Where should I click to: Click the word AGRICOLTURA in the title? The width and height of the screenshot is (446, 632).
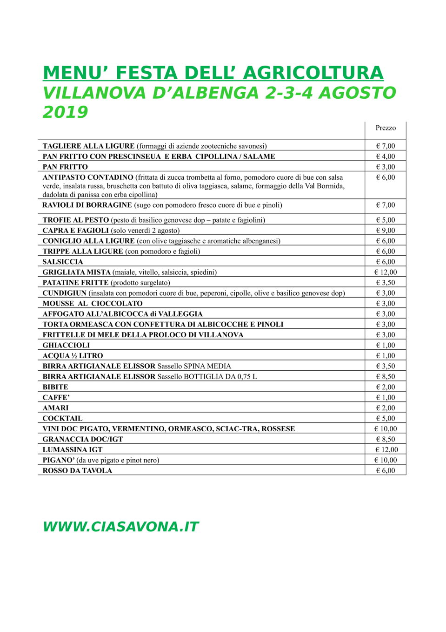tap(313, 73)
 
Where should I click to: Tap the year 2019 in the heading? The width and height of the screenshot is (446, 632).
tap(65, 112)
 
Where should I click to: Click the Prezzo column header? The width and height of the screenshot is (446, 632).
tap(386, 128)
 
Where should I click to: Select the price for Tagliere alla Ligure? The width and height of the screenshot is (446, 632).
tap(386, 146)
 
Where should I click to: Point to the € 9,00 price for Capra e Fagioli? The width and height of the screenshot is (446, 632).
tap(386, 231)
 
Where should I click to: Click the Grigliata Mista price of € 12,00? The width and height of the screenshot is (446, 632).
tap(386, 272)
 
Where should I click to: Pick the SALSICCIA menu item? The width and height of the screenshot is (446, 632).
tap(63, 262)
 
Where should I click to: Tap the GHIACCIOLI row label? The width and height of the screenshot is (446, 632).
tap(66, 346)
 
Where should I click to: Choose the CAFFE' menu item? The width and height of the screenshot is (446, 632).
tap(56, 398)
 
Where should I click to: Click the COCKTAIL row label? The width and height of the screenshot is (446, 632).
tap(62, 419)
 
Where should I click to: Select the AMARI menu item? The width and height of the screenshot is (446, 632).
tap(55, 408)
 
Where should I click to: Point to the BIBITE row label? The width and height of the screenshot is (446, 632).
tap(55, 387)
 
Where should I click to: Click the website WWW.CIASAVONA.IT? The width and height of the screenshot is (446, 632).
tap(120, 527)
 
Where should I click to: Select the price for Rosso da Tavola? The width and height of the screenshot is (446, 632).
tap(386, 471)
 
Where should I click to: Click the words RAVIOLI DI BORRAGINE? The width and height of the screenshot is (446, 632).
tap(87, 205)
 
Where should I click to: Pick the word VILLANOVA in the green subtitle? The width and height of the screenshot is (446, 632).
tap(94, 93)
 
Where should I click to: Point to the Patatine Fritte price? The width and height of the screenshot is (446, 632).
tap(386, 283)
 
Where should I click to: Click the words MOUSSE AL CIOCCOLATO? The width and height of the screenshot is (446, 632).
tap(93, 304)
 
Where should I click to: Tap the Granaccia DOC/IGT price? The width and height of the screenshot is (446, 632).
tap(386, 439)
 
